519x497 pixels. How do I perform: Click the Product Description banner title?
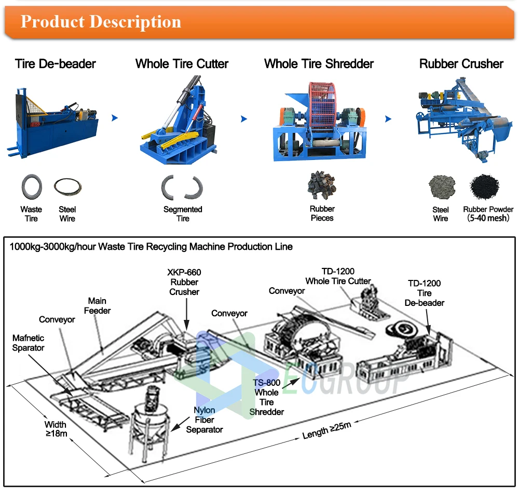tap(101, 22)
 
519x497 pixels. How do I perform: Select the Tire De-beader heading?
tap(56, 64)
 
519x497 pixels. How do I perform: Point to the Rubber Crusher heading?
tap(461, 64)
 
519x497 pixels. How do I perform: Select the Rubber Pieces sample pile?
tap(321, 186)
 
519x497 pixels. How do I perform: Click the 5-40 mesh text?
tap(488, 218)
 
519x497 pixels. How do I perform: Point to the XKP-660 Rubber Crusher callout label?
tap(184, 282)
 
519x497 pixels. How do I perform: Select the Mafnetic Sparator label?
tap(29, 343)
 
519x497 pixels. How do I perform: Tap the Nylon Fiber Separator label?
tap(204, 420)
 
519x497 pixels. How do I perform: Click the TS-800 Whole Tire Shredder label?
tap(267, 397)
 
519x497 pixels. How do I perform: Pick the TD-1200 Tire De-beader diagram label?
tap(424, 293)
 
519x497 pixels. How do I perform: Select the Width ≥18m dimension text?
tap(55, 429)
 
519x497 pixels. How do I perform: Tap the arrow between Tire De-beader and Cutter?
tap(115, 118)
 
